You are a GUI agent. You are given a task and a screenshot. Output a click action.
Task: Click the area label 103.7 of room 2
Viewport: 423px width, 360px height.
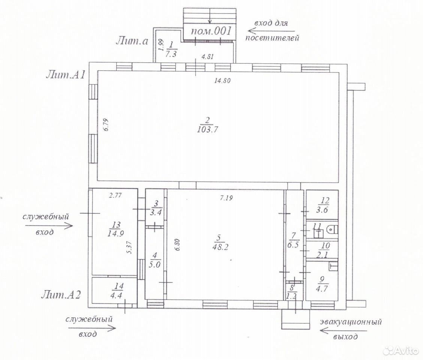pyautogui.click(x=208, y=130)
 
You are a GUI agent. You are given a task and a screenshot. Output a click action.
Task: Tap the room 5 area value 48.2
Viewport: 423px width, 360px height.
pyautogui.click(x=220, y=247)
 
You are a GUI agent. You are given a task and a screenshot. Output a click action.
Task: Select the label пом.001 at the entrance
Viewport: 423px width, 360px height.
pyautogui.click(x=211, y=31)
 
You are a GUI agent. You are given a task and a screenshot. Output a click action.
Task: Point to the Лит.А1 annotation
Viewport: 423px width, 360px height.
pyautogui.click(x=66, y=74)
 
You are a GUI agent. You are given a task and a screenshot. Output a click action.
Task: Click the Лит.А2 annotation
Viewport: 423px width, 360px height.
pyautogui.click(x=61, y=295)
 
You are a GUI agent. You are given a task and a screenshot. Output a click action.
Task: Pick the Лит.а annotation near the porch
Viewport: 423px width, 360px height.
pyautogui.click(x=132, y=40)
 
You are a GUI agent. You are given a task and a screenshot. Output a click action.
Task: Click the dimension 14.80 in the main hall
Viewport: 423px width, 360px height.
pyautogui.click(x=222, y=80)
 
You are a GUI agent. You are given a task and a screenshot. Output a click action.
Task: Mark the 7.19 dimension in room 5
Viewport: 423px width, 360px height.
pyautogui.click(x=226, y=198)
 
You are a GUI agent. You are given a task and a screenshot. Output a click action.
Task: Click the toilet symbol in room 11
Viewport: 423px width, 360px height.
pyautogui.click(x=332, y=229)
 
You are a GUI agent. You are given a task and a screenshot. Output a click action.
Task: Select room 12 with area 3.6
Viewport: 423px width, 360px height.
pyautogui.click(x=322, y=205)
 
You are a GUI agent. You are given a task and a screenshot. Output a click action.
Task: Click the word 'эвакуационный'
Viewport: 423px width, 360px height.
pyautogui.click(x=351, y=322)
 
